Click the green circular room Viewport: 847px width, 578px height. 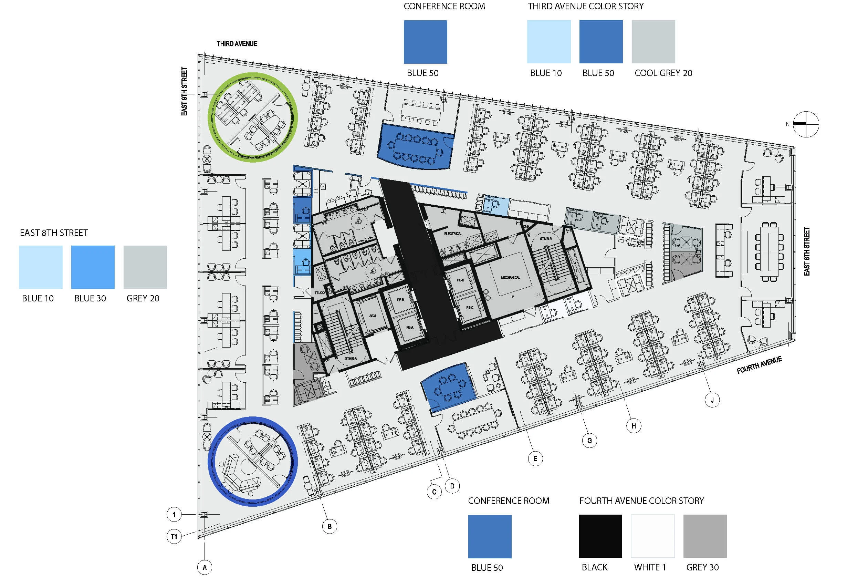[x=253, y=117]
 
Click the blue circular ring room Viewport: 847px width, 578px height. [x=253, y=461]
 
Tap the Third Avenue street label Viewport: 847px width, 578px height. [x=237, y=44]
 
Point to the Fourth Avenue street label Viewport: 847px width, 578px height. [x=759, y=365]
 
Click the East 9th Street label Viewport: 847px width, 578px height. [x=185, y=92]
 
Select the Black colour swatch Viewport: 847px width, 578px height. [x=600, y=536]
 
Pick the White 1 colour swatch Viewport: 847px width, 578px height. [x=652, y=536]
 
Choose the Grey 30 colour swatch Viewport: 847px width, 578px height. [x=705, y=536]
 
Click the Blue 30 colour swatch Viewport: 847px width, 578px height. [x=93, y=267]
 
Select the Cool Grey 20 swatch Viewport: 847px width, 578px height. [x=653, y=42]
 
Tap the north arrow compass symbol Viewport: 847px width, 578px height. [x=806, y=124]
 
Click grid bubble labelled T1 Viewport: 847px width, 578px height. [x=174, y=536]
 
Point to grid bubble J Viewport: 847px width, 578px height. [x=712, y=400]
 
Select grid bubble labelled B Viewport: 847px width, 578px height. [x=330, y=526]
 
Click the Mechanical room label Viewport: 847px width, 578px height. [x=510, y=278]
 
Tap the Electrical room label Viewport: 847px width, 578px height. [x=453, y=234]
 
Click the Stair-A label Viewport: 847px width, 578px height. [x=351, y=359]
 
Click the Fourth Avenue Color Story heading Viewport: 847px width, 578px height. [x=641, y=501]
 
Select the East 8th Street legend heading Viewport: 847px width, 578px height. [x=54, y=233]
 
